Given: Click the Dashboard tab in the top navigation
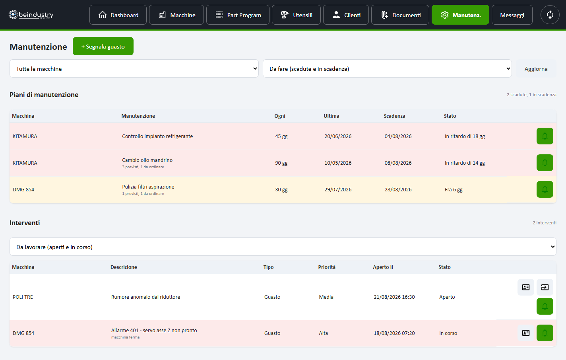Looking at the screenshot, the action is [x=118, y=15].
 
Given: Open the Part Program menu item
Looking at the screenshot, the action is [x=238, y=15].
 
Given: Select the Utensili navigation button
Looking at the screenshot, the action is [x=296, y=15].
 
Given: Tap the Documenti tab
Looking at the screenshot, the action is [x=400, y=15].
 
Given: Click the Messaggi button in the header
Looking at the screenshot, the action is [x=512, y=15].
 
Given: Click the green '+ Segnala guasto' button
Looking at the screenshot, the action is [x=103, y=46].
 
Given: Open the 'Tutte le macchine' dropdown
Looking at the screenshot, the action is [x=134, y=68].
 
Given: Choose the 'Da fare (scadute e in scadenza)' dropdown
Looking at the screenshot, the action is [x=387, y=68].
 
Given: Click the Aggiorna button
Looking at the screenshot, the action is [x=536, y=68].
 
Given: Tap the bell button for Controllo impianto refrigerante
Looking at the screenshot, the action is [x=545, y=136].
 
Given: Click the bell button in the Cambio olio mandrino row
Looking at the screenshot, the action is [x=545, y=163].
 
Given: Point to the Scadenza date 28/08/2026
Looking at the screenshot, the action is [x=398, y=190].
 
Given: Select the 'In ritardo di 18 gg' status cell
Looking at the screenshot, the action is [x=465, y=136].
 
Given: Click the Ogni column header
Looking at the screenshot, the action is [x=280, y=116].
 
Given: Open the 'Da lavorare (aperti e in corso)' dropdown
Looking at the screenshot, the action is [x=283, y=247].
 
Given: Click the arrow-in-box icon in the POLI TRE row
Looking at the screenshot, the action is [x=545, y=287].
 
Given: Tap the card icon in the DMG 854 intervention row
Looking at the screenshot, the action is [x=526, y=333].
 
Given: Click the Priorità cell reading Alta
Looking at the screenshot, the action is [x=323, y=333].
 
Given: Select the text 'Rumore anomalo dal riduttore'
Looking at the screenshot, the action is [x=145, y=297].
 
